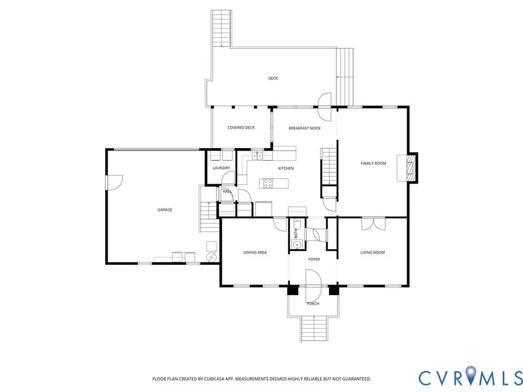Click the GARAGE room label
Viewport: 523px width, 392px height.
165,210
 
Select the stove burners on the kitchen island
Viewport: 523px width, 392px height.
268,184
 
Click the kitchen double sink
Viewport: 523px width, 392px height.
256,155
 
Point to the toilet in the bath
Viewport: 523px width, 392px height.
296,223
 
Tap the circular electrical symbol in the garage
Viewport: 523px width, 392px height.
212,256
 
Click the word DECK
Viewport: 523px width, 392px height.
273,78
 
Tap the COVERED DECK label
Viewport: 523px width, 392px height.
241,128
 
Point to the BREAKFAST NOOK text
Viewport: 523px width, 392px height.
305,128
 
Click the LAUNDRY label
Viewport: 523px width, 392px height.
221,168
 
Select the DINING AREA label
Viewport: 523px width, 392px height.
255,253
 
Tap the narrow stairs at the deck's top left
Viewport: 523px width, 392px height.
221,28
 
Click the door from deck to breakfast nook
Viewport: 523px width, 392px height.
325,102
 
